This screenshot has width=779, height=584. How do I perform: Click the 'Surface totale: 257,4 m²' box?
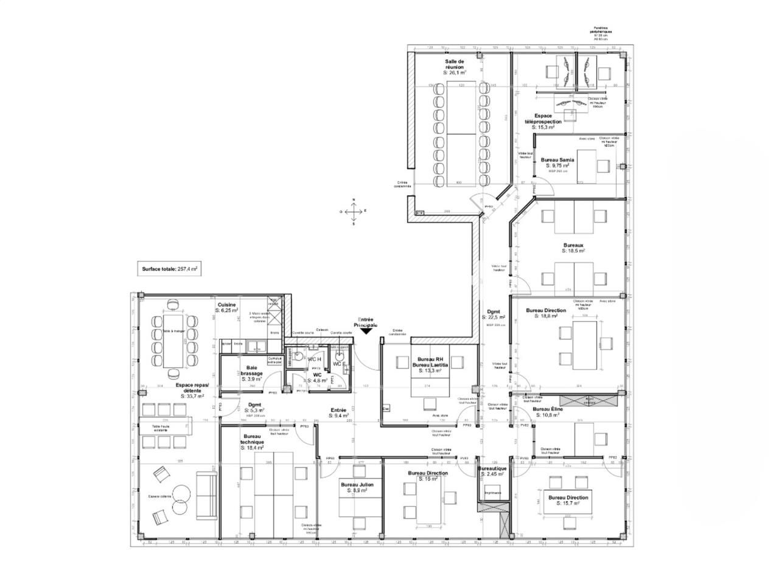point(171,268)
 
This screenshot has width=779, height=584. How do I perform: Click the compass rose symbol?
point(353,211)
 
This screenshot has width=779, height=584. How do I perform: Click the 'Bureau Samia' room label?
point(557,162)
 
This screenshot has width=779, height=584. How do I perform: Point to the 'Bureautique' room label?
point(492,471)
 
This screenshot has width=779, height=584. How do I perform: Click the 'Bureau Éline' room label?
point(547,412)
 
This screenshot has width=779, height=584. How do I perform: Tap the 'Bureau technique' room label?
point(253,441)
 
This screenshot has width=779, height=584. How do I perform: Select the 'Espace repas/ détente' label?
point(192,390)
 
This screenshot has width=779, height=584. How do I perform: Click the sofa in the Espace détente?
point(206,496)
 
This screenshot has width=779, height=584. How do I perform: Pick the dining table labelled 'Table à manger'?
point(174,339)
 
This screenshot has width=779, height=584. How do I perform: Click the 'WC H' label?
point(314,359)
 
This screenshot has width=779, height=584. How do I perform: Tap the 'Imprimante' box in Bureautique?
point(492,493)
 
